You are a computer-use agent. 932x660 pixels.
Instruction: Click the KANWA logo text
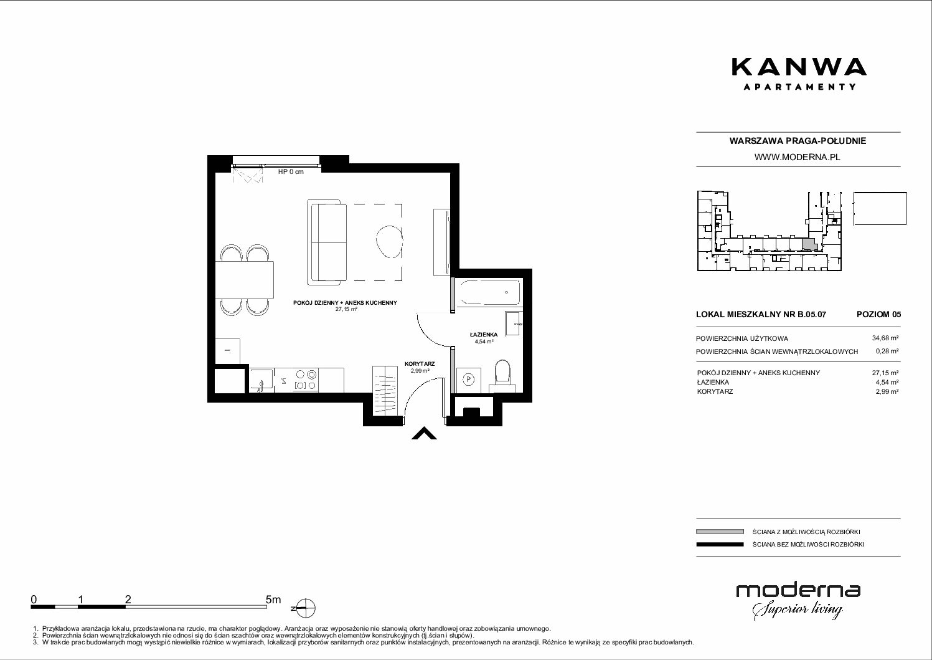point(799,67)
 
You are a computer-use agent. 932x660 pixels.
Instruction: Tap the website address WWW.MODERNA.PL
point(797,157)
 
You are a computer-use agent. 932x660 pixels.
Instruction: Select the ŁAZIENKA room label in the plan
point(484,335)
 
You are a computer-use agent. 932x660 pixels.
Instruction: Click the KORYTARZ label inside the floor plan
point(420,363)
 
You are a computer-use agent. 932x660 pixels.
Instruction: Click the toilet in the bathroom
point(502,371)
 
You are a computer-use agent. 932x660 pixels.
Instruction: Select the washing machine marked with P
point(469,380)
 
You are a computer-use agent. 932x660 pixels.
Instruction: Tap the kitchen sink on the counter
point(261,380)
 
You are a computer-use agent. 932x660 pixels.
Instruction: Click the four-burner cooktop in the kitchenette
point(306,380)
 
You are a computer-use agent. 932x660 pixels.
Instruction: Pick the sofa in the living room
point(327,243)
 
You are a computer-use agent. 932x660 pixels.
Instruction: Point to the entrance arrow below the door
point(424,434)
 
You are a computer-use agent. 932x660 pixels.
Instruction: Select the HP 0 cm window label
point(291,171)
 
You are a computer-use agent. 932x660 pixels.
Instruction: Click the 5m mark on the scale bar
point(273,600)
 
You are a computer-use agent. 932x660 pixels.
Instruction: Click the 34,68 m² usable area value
point(885,338)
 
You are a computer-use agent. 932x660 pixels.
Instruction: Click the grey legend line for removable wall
point(720,532)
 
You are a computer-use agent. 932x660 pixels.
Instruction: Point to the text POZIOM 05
point(878,314)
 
